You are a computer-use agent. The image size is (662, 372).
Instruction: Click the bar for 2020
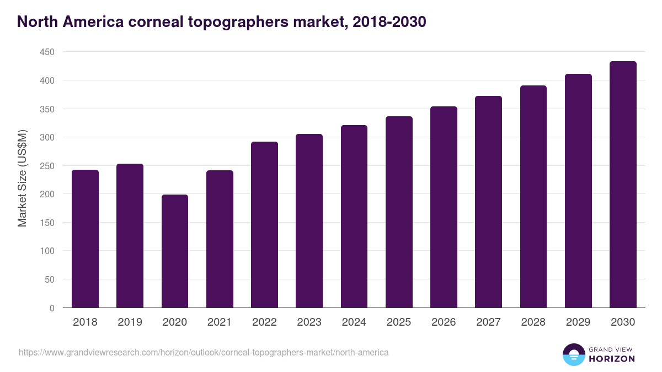(x=175, y=251)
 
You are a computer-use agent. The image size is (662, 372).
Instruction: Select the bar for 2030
(x=623, y=185)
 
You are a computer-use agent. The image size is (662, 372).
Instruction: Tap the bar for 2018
(x=85, y=239)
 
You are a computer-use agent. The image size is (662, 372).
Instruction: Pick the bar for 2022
(x=264, y=225)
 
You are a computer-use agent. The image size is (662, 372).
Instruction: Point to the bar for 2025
(x=399, y=212)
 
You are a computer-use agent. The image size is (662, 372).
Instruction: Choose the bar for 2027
(x=488, y=202)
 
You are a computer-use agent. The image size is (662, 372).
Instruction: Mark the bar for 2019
(x=130, y=236)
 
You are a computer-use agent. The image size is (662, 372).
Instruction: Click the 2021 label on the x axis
(x=220, y=322)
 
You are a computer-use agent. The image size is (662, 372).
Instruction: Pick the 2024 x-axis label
(x=354, y=322)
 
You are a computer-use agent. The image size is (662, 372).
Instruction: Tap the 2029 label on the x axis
(x=578, y=322)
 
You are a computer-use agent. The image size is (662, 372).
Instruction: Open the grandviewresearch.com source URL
(x=204, y=352)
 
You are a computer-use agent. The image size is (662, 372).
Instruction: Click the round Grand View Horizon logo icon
(x=574, y=354)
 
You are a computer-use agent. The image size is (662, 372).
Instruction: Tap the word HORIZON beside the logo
(x=611, y=359)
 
